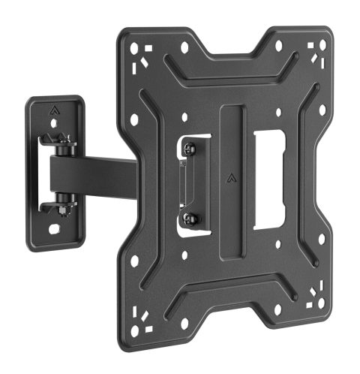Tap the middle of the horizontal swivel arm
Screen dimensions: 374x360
97,172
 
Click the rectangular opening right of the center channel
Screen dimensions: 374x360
269,180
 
